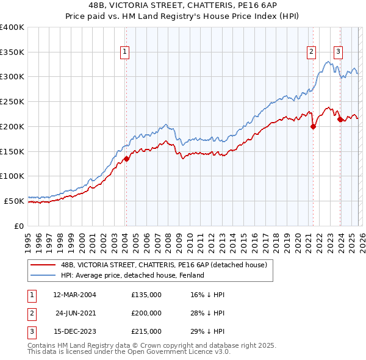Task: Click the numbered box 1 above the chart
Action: coord(124,52)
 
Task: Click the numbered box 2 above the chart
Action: coord(311,52)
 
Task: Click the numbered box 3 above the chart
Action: coord(338,52)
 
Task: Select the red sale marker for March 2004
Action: coord(126,159)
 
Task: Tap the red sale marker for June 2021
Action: coord(313,127)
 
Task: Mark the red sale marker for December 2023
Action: coord(340,120)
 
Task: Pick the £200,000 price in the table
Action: coord(146,313)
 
